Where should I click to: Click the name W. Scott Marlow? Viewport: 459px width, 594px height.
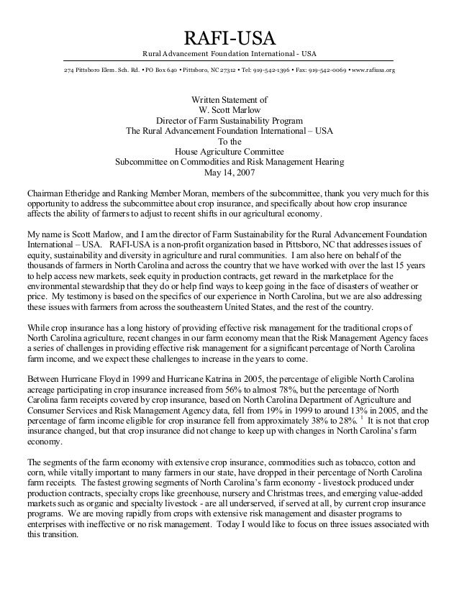229,111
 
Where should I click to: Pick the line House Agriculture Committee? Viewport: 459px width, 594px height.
229,152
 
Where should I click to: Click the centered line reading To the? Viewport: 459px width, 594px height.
229,142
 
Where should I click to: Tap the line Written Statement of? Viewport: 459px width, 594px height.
229,100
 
